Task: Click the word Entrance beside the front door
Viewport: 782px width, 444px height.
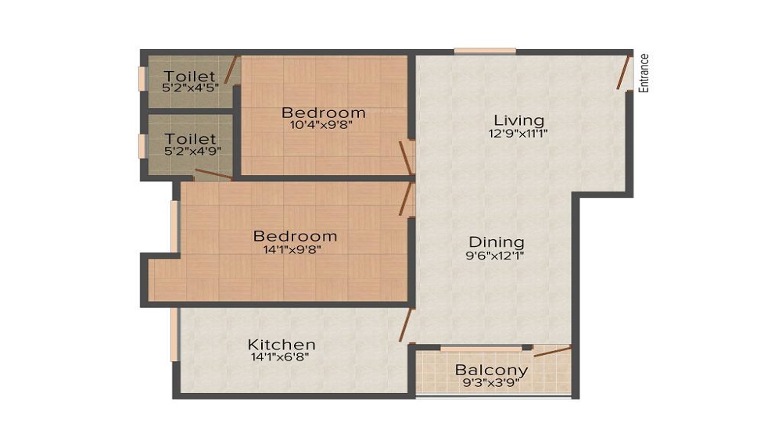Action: [x=644, y=73]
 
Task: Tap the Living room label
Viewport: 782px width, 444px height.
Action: [x=518, y=120]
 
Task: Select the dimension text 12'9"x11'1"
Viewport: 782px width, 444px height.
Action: [x=518, y=134]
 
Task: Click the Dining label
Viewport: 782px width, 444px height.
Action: [x=496, y=242]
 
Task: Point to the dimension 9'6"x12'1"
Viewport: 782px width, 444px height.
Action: [x=496, y=255]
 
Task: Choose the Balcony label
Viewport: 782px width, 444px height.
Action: [x=491, y=370]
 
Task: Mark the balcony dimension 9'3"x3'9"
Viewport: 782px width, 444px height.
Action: [x=491, y=383]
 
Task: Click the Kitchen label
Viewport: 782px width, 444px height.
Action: [x=282, y=344]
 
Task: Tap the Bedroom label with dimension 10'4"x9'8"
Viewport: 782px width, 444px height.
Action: [x=324, y=113]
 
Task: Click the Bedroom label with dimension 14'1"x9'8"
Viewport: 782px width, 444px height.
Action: [x=295, y=235]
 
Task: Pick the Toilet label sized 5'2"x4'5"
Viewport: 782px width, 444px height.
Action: [x=189, y=76]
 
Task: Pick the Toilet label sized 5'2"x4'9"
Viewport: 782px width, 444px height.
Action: [x=190, y=139]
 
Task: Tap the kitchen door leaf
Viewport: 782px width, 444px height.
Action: [x=405, y=324]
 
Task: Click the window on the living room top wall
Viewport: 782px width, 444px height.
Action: [x=485, y=52]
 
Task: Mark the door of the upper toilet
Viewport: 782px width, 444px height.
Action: [x=231, y=70]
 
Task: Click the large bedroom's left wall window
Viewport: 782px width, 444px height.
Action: [x=174, y=227]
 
